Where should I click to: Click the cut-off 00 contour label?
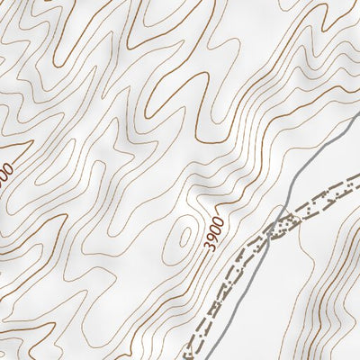(7, 171)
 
